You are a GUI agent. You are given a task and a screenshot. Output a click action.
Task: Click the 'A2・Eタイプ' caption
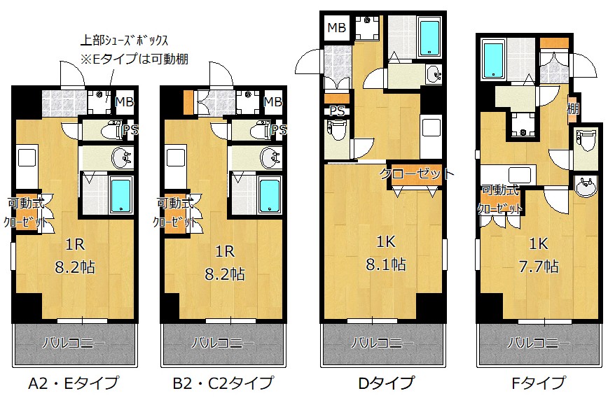(74, 383)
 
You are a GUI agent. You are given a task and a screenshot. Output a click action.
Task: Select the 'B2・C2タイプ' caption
(223, 383)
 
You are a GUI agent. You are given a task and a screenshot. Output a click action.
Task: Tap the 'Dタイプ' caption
(386, 383)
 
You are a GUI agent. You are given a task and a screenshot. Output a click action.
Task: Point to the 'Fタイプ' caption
(539, 383)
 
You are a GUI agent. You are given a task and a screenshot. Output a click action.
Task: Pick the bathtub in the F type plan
(493, 60)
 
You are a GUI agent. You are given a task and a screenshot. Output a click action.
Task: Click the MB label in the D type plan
(336, 28)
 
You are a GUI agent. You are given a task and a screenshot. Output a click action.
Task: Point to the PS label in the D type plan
(337, 111)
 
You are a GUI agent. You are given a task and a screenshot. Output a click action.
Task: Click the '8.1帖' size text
(386, 265)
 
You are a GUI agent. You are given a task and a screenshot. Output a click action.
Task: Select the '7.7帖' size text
(539, 266)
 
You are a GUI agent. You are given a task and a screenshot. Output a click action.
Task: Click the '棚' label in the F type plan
(573, 108)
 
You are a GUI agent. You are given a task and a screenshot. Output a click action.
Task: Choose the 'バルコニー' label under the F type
(539, 343)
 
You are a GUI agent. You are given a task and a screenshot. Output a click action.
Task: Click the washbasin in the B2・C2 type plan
(270, 157)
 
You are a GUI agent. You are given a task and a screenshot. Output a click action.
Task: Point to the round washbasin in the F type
(586, 187)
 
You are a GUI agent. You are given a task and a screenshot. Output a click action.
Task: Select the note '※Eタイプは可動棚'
(134, 59)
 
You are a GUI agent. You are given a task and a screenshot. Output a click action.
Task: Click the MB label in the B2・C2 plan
(273, 102)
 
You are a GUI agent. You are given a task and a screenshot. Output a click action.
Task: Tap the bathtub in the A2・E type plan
(121, 195)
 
